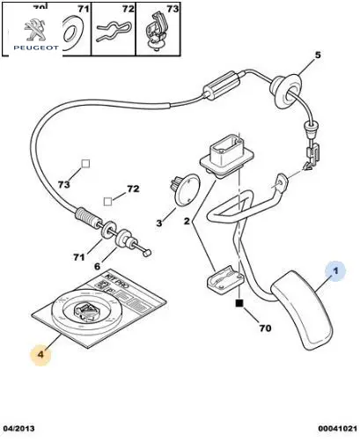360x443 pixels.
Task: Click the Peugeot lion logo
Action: pyautogui.click(x=35, y=30)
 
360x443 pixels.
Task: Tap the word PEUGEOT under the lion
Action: pyautogui.click(x=36, y=48)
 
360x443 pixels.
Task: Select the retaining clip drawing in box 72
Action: pyautogui.click(x=112, y=31)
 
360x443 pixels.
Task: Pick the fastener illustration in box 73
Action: pyautogui.click(x=157, y=32)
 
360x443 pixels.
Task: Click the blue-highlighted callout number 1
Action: pyautogui.click(x=335, y=270)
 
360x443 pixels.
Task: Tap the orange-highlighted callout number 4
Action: pyautogui.click(x=40, y=355)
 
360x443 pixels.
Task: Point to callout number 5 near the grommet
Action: pyautogui.click(x=318, y=55)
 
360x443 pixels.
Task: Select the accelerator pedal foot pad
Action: pyautogui.click(x=302, y=311)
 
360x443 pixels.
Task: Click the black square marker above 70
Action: pyautogui.click(x=239, y=303)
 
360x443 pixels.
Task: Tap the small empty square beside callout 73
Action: pyautogui.click(x=85, y=164)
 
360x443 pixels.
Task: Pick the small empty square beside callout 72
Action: pyautogui.click(x=107, y=202)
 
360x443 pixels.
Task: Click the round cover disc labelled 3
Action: pyautogui.click(x=187, y=189)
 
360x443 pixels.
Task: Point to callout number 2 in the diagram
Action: pyautogui.click(x=187, y=221)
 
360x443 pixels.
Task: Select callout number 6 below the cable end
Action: pyautogui.click(x=97, y=266)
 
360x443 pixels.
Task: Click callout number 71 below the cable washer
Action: pyautogui.click(x=79, y=257)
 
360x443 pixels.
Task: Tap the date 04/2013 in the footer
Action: pyautogui.click(x=18, y=428)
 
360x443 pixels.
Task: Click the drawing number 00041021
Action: pyautogui.click(x=338, y=428)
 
